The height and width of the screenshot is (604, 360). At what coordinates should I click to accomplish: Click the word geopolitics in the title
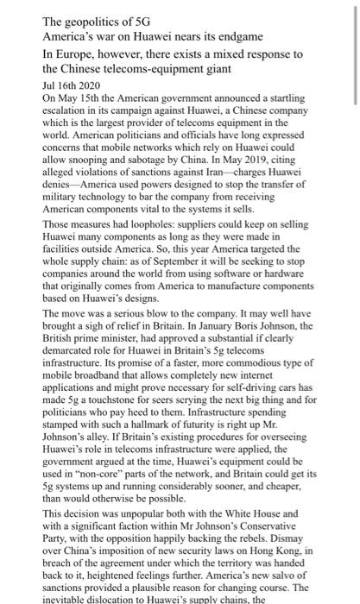pos(94,22)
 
